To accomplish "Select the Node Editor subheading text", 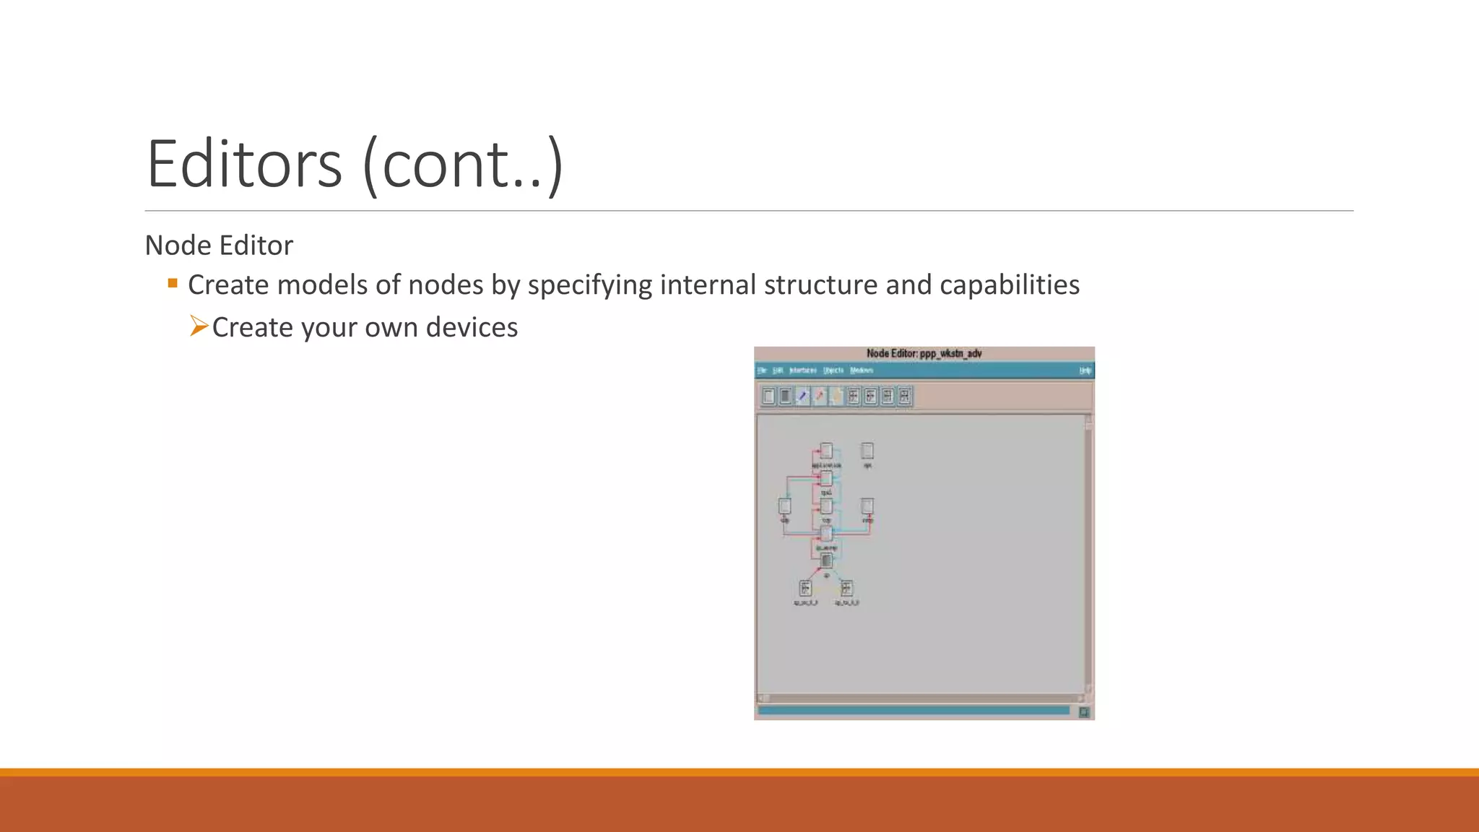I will pos(219,246).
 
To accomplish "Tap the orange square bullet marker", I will pos(173,283).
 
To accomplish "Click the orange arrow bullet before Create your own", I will pos(199,326).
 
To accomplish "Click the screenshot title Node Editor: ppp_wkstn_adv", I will pos(924,353).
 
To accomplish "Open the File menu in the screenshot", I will pos(762,370).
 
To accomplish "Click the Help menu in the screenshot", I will pos(1085,370).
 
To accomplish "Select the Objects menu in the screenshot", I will pos(833,370).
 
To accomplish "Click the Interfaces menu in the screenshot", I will pos(802,370).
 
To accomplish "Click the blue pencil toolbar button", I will pos(802,396).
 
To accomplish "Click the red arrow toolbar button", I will pos(820,396).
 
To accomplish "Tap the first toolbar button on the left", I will pos(768,396).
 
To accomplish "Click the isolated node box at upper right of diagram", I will pos(867,451).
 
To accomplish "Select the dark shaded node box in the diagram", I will pos(826,560).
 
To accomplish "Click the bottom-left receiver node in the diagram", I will pos(805,588).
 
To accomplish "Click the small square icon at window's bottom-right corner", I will pos(1084,713).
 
